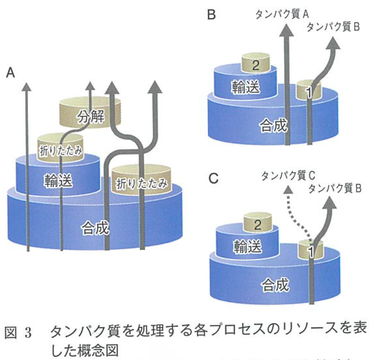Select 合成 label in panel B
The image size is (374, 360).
[x=273, y=126]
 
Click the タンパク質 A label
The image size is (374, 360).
[x=282, y=15]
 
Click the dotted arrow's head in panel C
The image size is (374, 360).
[x=288, y=190]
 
